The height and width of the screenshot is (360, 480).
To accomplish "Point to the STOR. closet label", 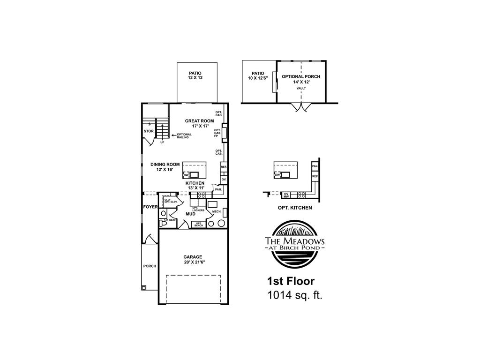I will tap(149, 131).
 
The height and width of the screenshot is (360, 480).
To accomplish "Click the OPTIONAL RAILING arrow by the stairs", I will tap(174, 135).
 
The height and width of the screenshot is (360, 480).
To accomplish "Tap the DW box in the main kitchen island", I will tap(186, 175).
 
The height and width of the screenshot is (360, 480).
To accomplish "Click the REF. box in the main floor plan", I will tap(224, 167).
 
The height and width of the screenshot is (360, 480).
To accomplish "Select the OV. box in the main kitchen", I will tap(224, 180).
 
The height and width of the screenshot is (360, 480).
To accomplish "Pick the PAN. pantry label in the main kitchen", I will tap(218, 189).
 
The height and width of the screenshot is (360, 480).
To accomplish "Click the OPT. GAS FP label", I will tap(217, 133).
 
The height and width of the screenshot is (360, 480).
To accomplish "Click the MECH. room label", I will tap(216, 211).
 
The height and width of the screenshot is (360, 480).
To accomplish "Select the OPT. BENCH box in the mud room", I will tap(198, 224).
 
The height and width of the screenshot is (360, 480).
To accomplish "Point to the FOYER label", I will tap(150, 206).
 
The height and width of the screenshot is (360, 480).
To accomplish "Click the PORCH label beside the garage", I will tap(150, 266).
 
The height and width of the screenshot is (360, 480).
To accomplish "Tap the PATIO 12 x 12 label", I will tap(195, 75).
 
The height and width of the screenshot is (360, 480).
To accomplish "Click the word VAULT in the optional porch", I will tap(301, 88).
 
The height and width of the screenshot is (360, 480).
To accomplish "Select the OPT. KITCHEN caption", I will tap(294, 207).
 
